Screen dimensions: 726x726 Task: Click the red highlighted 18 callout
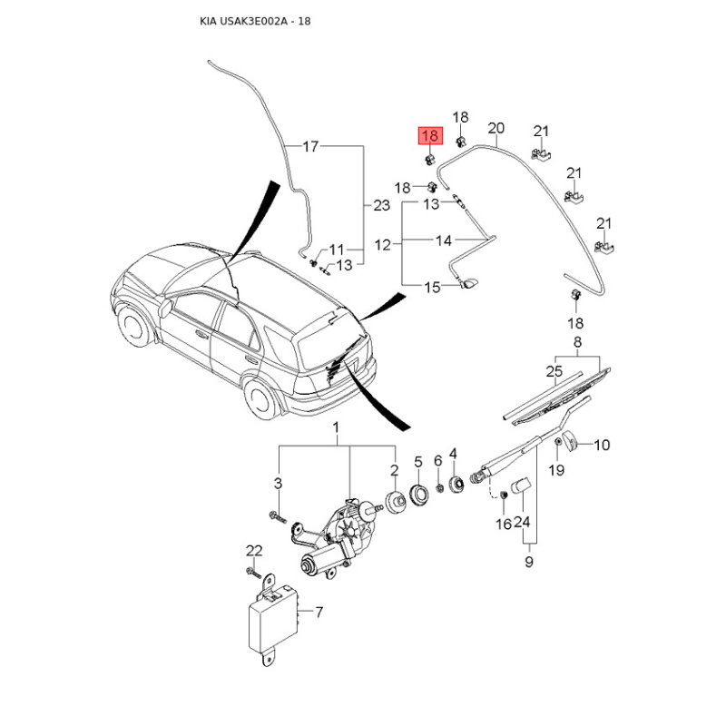click(430, 135)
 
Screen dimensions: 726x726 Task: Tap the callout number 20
click(495, 128)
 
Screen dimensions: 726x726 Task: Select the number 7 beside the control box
click(319, 612)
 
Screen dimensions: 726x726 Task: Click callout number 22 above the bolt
click(254, 551)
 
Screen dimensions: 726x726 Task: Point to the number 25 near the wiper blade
click(554, 371)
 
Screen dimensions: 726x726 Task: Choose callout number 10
click(602, 445)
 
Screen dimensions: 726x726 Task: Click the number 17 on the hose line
click(310, 146)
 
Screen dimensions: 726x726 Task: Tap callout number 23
click(381, 205)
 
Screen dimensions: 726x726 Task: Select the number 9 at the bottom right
click(529, 562)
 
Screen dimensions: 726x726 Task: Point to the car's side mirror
click(166, 308)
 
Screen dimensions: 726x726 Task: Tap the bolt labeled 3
click(278, 516)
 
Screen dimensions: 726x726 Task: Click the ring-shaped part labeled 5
click(420, 494)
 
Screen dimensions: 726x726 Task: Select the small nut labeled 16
click(504, 495)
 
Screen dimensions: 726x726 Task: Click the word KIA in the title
click(207, 21)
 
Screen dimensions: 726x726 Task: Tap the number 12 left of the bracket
click(382, 244)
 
